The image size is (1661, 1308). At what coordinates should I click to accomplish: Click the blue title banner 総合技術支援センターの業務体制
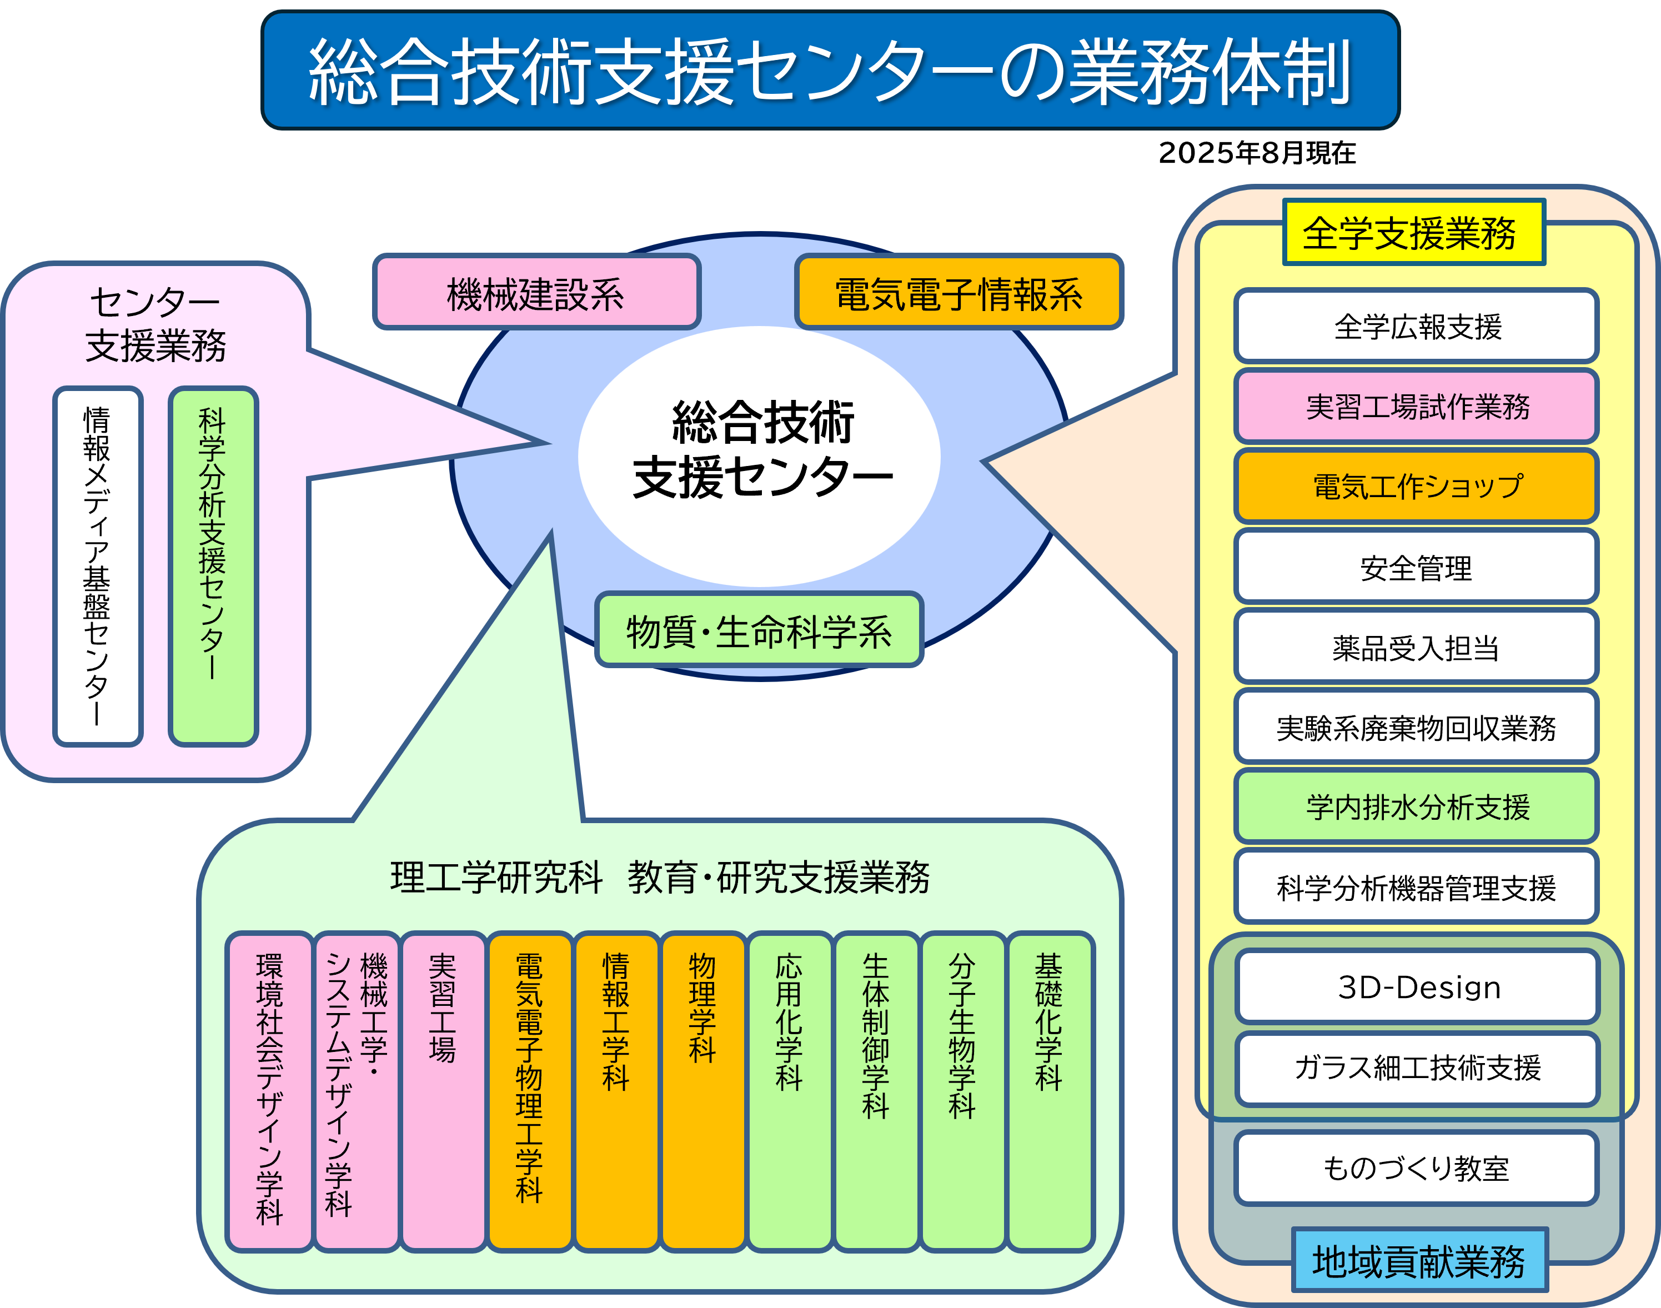pos(830,71)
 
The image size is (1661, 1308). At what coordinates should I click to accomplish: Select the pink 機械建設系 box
pos(536,293)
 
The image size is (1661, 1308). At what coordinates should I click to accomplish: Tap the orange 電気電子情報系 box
pos(959,293)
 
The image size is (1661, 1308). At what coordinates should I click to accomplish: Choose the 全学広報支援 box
pos(1416,326)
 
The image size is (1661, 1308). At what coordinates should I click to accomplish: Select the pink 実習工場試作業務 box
pos(1416,407)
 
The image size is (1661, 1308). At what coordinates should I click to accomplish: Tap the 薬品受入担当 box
pos(1416,647)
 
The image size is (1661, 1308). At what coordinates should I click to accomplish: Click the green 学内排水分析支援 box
pos(1416,807)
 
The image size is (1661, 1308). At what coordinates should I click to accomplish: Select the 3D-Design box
pos(1417,987)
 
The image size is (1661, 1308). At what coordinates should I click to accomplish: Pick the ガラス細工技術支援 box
pos(1417,1068)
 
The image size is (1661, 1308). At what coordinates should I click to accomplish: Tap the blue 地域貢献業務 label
pos(1419,1261)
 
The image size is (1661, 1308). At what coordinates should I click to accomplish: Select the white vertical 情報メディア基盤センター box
pos(97,566)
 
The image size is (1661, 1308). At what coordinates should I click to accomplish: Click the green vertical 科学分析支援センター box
pos(213,566)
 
